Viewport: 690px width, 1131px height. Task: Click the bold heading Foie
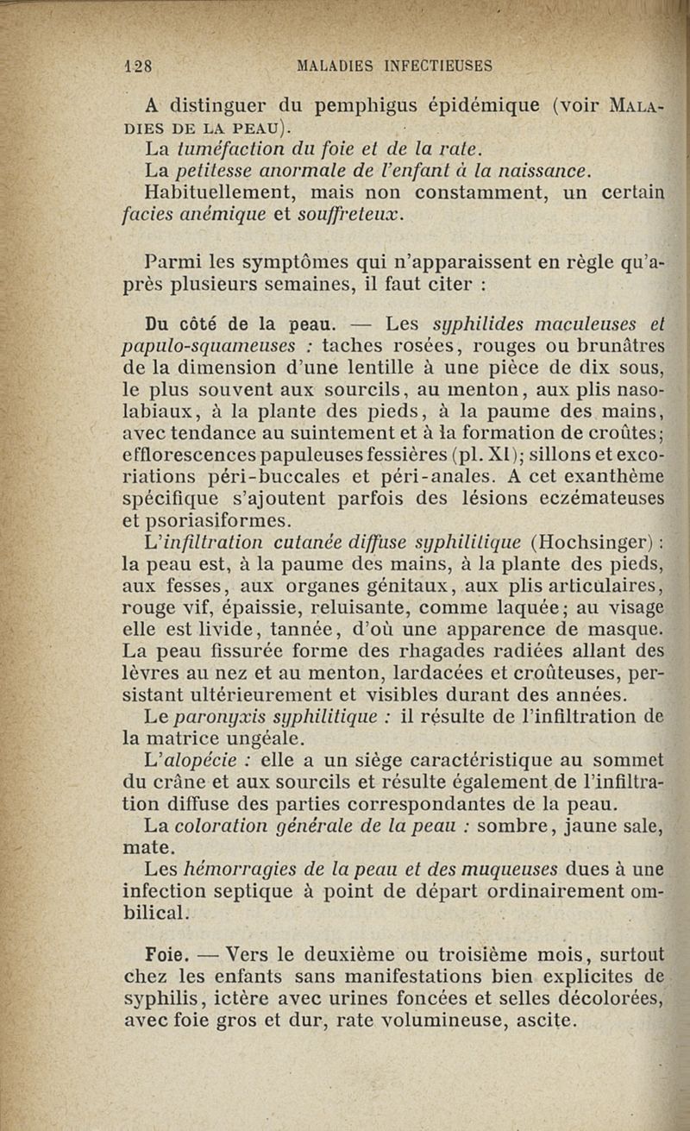pyautogui.click(x=166, y=954)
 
